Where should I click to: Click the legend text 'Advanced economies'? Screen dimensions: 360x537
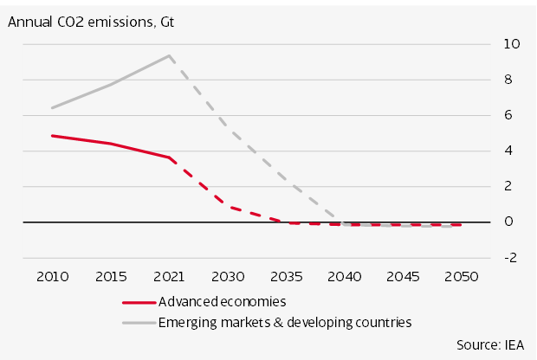(222, 301)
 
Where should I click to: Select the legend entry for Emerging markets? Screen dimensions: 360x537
(284, 322)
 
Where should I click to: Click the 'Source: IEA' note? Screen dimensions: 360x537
(490, 344)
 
